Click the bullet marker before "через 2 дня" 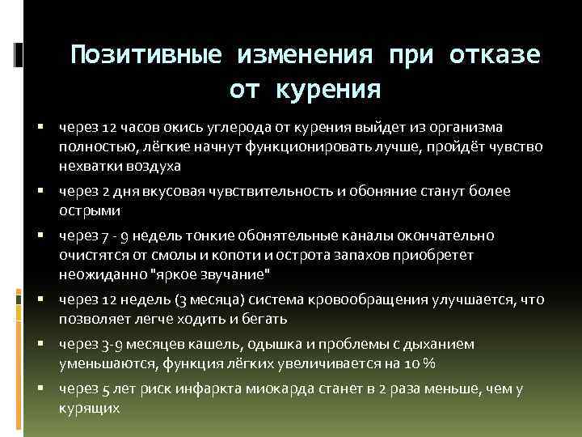pos(40,192)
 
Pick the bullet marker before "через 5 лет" pos(40,389)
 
